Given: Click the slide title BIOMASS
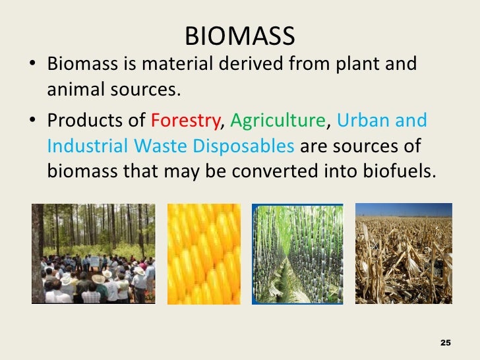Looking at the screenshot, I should (239, 36).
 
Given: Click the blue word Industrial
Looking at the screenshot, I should (85, 145).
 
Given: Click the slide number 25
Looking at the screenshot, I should (445, 343).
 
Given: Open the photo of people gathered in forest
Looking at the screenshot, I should (93, 253).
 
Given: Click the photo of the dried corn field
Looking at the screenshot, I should (404, 253).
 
